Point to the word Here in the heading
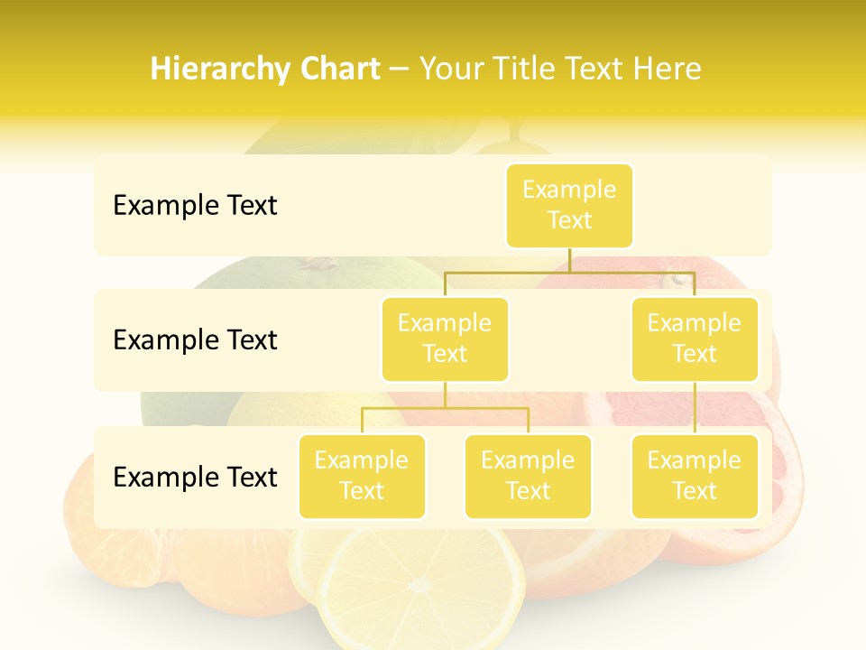click(x=667, y=70)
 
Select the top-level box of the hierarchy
click(x=569, y=205)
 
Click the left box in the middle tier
click(x=445, y=339)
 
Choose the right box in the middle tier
click(x=695, y=339)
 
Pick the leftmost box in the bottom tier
click(x=362, y=476)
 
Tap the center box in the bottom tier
click(x=528, y=476)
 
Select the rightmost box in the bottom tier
click(x=695, y=476)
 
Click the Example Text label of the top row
click(x=195, y=206)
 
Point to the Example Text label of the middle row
click(x=195, y=340)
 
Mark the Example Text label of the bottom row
click(x=195, y=477)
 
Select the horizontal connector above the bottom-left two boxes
click(x=445, y=408)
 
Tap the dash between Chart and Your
click(x=400, y=70)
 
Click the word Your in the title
click(x=452, y=70)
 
